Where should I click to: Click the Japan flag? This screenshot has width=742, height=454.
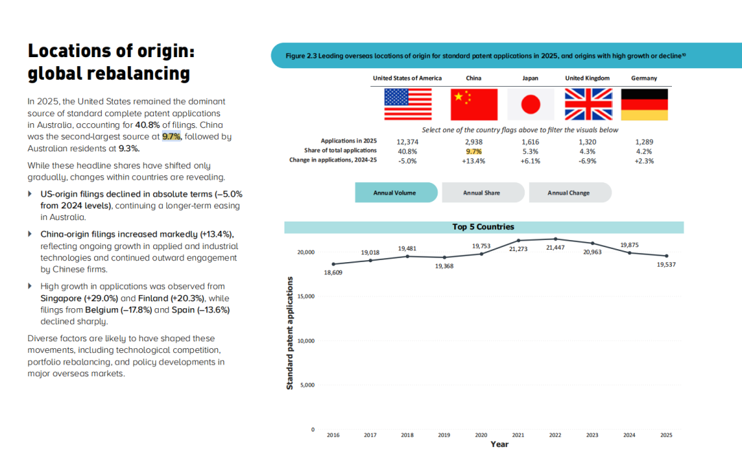tap(530, 105)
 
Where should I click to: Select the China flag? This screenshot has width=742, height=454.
tap(473, 105)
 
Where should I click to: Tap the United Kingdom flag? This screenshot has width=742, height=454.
tap(588, 105)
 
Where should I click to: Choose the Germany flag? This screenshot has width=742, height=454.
tap(644, 105)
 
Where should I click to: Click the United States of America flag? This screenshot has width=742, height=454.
tap(407, 105)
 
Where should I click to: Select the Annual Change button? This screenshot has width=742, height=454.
tap(570, 193)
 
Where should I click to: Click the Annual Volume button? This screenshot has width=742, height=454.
tap(396, 193)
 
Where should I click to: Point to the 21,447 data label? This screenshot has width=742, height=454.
tap(555, 248)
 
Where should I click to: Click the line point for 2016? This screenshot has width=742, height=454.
tap(333, 264)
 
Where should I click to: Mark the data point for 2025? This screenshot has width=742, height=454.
tap(666, 256)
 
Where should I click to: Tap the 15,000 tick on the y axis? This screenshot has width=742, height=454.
tap(306, 296)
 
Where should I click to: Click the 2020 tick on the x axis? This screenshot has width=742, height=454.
tap(481, 435)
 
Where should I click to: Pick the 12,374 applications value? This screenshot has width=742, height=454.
tap(407, 142)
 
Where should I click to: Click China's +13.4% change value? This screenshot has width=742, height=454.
tap(473, 161)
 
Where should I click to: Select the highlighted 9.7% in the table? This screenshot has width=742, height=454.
tap(473, 151)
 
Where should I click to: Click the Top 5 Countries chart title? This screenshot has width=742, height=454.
tap(483, 227)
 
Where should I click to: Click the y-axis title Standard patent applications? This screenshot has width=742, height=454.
tap(290, 333)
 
